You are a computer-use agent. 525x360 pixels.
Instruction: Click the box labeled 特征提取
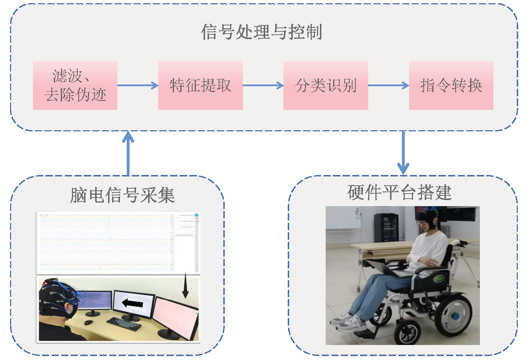[200, 85]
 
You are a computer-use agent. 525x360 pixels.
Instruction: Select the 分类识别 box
[326, 85]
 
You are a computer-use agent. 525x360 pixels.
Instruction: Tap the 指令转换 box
[451, 85]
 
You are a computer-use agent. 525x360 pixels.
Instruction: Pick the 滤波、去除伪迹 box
[75, 85]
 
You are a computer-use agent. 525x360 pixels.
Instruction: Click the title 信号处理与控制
[262, 32]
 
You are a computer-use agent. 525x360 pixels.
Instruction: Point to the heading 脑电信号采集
[122, 195]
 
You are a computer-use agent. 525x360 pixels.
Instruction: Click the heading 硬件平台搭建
[399, 193]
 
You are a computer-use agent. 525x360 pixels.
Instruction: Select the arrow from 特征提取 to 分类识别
[263, 85]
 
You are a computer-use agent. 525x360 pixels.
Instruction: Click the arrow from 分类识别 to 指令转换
[388, 85]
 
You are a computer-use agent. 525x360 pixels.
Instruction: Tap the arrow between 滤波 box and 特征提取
[138, 85]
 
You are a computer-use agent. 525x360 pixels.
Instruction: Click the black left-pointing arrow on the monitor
[132, 303]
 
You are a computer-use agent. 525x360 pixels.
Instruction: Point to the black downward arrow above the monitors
[185, 285]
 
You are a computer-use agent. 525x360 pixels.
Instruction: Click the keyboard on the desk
[124, 323]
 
